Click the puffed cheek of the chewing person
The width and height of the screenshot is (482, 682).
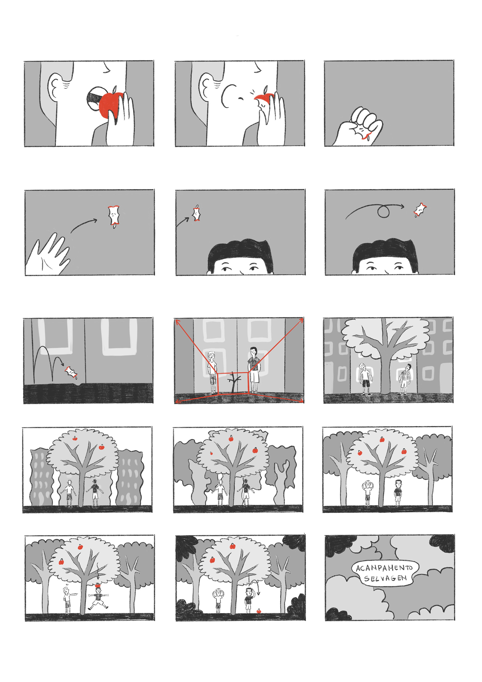pos(229,95)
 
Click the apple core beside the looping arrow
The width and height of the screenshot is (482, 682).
pos(420,210)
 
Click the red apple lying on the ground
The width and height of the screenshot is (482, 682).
pos(258,611)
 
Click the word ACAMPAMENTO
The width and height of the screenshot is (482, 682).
pos(384,568)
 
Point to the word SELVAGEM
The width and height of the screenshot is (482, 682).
pos(385,578)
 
